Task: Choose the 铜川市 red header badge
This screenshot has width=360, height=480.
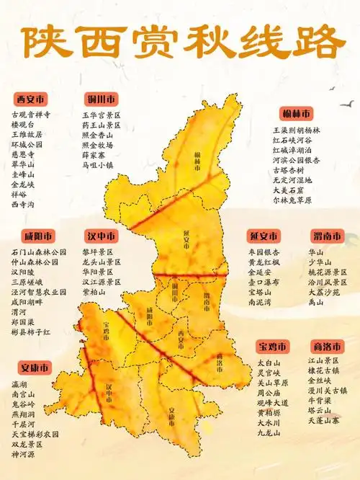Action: tap(101, 99)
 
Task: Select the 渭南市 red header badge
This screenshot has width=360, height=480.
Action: tap(327, 236)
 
